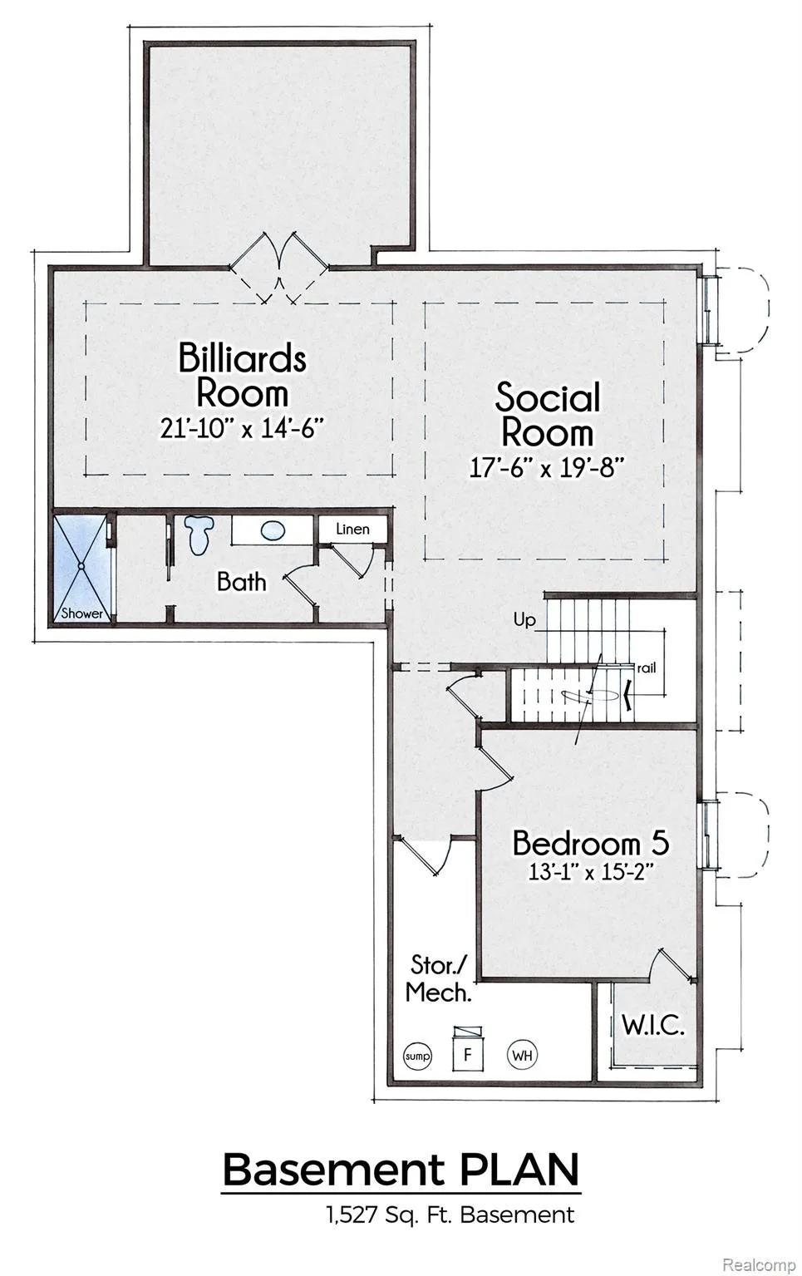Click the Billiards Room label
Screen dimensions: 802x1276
[x=243, y=375]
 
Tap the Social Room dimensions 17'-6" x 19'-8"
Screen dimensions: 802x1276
[x=544, y=468]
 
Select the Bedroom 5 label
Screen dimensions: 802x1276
[x=591, y=843]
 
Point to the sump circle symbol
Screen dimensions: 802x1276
[x=417, y=1056]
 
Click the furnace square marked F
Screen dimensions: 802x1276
[x=468, y=1054]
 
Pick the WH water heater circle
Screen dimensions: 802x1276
[x=522, y=1056]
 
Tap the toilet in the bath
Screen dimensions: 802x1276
[x=199, y=535]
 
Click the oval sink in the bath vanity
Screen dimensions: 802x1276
[x=273, y=531]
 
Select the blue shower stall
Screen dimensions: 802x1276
[x=81, y=569]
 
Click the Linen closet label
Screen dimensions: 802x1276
[x=352, y=530]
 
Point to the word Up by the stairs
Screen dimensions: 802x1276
[x=524, y=619]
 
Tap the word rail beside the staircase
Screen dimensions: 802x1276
[x=647, y=668]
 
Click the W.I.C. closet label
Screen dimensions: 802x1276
[x=652, y=1026]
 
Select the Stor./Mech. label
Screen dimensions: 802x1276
[x=439, y=979]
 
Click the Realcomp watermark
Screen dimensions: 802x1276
[x=760, y=1261]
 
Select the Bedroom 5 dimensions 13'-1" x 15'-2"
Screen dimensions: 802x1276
[x=589, y=872]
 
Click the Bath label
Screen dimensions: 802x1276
[x=242, y=582]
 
